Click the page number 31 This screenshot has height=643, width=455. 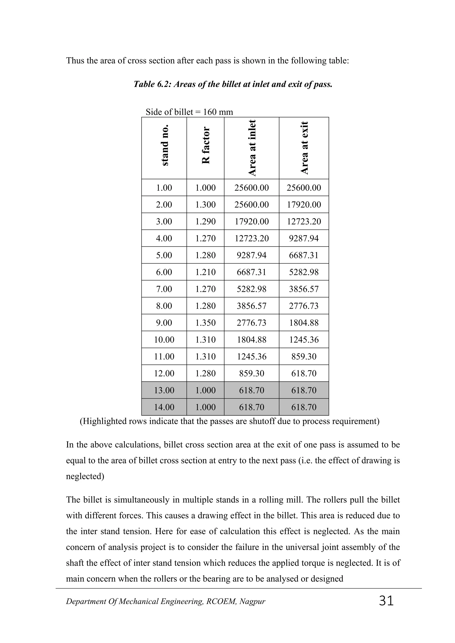[386, 601]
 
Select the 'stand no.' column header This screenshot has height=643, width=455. [164, 145]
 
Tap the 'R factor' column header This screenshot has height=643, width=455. [206, 145]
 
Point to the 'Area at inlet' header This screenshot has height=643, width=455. [252, 148]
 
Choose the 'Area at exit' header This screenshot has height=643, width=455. [304, 148]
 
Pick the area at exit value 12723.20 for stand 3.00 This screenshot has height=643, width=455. [304, 222]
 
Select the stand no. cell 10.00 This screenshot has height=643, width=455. [164, 340]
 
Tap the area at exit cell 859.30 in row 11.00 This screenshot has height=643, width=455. [304, 357]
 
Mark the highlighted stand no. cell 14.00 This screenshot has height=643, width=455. [164, 407]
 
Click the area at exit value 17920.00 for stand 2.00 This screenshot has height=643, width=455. [304, 204]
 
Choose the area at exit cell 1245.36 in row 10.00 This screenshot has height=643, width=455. [304, 340]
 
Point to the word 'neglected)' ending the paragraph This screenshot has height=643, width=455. [85, 476]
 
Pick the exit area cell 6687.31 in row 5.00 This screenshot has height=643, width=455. [304, 255]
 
